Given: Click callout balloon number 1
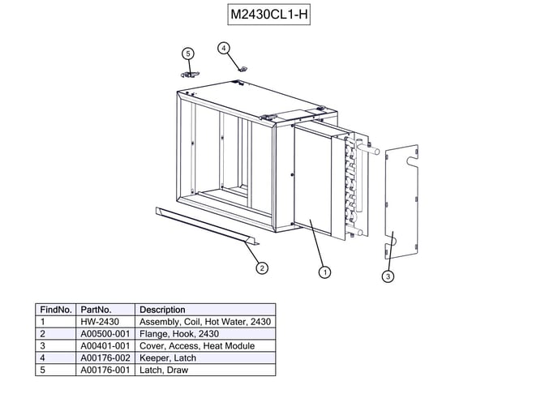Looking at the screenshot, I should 324,272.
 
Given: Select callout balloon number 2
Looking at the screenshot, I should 262,268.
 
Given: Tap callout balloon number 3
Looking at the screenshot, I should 388,276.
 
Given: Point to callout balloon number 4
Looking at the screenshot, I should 224,48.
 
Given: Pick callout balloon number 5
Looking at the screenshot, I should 188,54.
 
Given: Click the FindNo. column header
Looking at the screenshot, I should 56,310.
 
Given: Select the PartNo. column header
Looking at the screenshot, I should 96,310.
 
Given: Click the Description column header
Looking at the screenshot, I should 162,310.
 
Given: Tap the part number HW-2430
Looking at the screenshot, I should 100,322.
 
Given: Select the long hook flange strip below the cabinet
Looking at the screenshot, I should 203,223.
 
